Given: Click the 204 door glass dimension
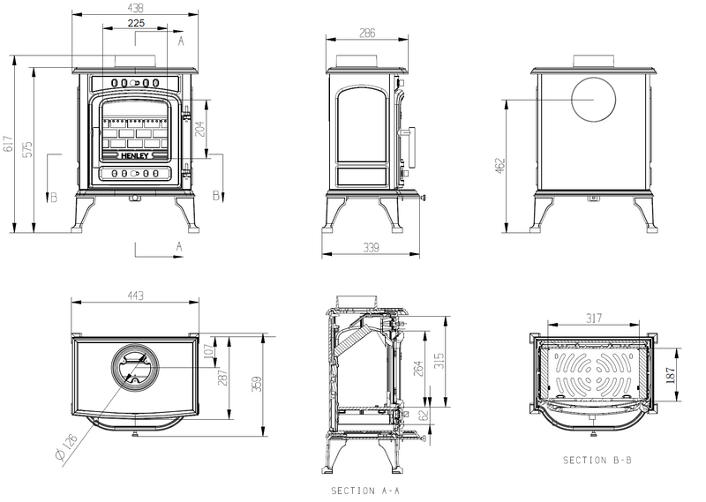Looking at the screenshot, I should [x=202, y=128].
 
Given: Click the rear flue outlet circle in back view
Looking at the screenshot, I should [x=593, y=100].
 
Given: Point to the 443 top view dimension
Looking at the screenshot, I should [x=136, y=296].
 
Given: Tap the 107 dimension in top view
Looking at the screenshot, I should [x=210, y=353].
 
